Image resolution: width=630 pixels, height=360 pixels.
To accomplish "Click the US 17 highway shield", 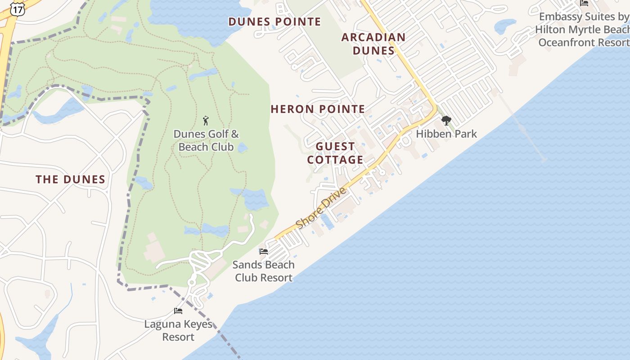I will (x=18, y=9).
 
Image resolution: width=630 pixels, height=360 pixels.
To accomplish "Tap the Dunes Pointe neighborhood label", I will (x=274, y=22).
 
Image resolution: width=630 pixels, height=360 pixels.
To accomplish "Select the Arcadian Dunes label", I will (x=373, y=44).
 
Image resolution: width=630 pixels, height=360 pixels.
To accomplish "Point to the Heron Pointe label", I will (x=318, y=109).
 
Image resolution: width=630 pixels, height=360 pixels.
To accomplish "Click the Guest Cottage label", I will (x=335, y=153).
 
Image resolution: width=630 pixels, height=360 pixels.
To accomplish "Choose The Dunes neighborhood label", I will (x=71, y=180).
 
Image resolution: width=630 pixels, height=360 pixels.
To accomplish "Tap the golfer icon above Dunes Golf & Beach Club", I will (x=206, y=121).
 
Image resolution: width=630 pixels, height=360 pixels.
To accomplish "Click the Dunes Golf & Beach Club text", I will (x=206, y=140).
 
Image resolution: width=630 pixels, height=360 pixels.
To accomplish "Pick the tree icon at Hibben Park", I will (x=446, y=120).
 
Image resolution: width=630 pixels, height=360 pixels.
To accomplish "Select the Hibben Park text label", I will (x=446, y=134).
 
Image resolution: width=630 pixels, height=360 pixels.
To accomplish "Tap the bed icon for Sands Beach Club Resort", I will (x=264, y=251).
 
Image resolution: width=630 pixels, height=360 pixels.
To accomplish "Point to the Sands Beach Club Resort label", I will (x=264, y=271).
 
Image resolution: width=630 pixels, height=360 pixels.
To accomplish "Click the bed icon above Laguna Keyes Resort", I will (x=178, y=310).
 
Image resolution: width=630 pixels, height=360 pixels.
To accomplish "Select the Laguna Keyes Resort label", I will (x=178, y=330).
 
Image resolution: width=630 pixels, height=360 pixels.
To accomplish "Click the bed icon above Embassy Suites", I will (x=584, y=3).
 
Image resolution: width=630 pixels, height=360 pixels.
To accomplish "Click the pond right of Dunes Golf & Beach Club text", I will (x=243, y=148).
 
